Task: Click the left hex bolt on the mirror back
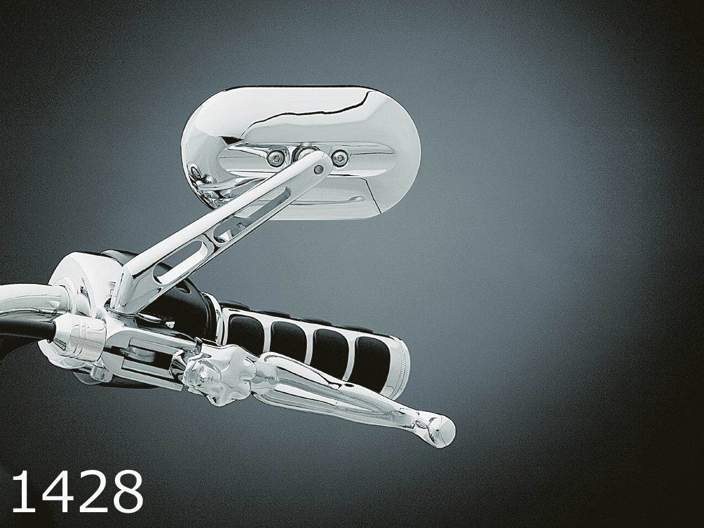click(275, 157)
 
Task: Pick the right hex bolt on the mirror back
click(339, 157)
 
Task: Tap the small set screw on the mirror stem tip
click(319, 168)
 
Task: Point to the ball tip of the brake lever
click(442, 431)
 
